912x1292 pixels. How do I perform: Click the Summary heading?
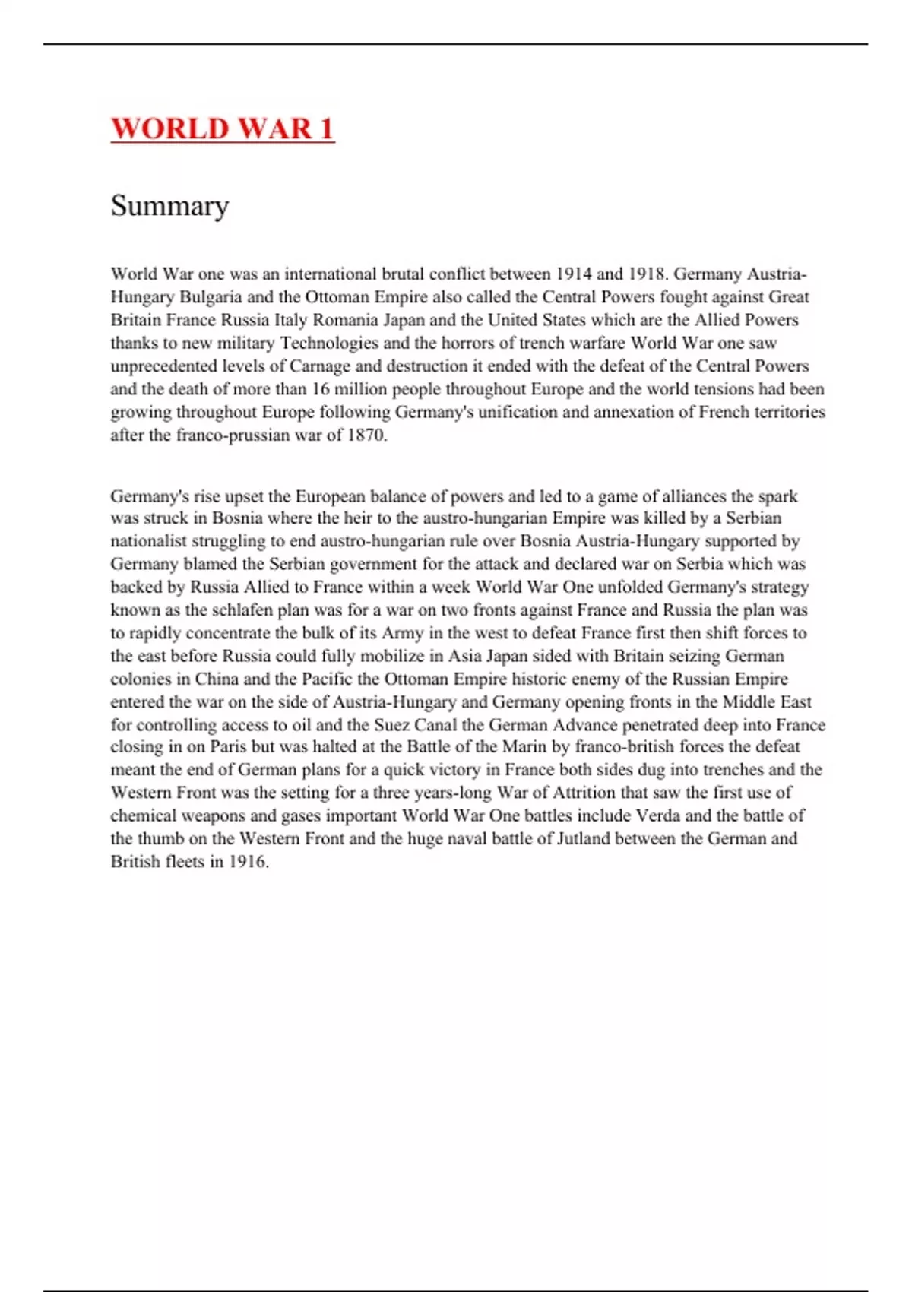[x=169, y=205]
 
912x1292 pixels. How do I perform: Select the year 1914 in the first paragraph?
[x=574, y=274]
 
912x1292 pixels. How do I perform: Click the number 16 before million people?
[x=321, y=388]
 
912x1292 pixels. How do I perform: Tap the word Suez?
[x=394, y=724]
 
